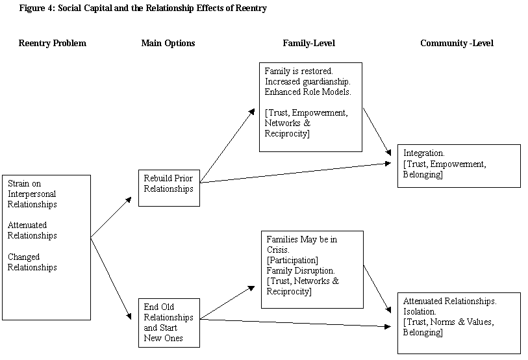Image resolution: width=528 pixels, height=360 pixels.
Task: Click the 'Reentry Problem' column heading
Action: pos(52,44)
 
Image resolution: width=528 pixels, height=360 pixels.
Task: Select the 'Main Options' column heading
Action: pos(168,44)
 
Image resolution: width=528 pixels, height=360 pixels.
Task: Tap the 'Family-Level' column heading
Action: pos(308,44)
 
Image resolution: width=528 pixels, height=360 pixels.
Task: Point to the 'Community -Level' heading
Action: pos(457,44)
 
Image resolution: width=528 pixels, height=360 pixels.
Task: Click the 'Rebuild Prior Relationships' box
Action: pos(168,188)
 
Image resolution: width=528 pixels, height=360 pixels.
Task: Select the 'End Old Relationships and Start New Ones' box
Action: pos(168,322)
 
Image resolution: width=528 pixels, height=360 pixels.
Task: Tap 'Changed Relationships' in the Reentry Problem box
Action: pos(32,262)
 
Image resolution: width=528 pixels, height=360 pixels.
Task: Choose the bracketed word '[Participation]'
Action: pos(292,260)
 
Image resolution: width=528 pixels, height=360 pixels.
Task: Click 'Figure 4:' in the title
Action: pos(37,8)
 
